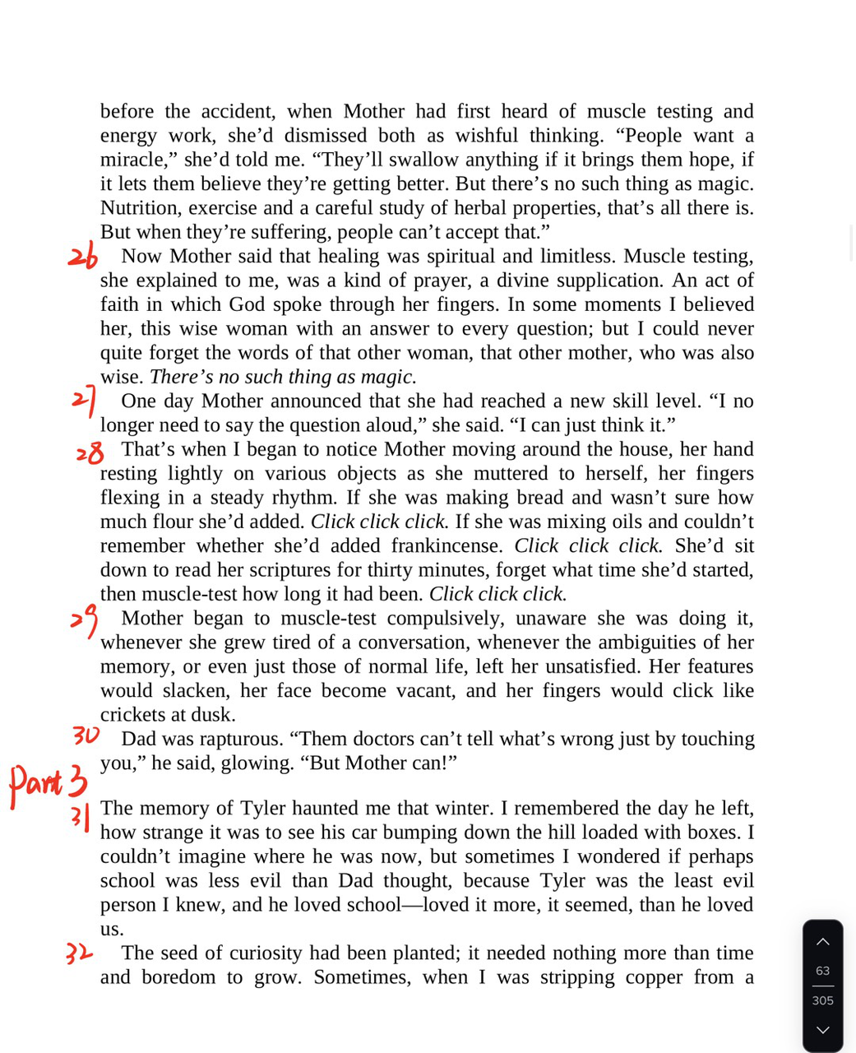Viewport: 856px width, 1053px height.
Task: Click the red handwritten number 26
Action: (82, 257)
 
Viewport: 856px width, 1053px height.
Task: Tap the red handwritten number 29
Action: (84, 619)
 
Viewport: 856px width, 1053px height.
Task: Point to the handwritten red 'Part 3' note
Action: (48, 782)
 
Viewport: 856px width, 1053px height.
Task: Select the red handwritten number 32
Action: (79, 953)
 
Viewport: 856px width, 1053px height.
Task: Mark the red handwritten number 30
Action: (86, 735)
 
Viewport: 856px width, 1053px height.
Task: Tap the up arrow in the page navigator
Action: (822, 942)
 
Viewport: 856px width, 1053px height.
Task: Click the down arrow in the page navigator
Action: (822, 1030)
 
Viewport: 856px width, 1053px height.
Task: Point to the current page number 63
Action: (822, 971)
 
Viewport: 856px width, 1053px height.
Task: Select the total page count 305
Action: (822, 1000)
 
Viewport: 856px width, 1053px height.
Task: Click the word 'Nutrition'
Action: (139, 208)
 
